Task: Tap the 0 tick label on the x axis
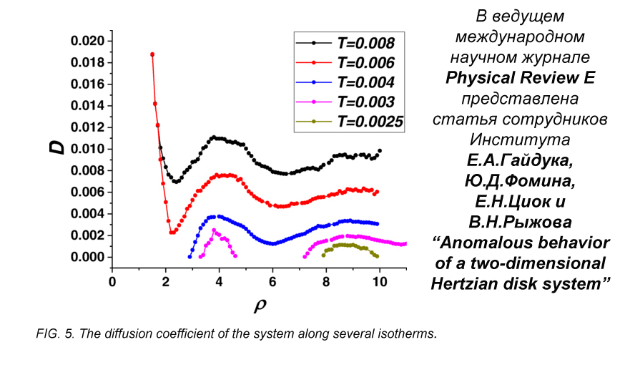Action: pos(112,282)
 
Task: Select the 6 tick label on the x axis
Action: pos(272,282)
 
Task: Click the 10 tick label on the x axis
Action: pos(380,282)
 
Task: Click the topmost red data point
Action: pos(152,54)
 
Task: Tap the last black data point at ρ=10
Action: pos(380,151)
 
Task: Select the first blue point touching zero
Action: pos(190,256)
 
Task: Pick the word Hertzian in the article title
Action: pos(486,283)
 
